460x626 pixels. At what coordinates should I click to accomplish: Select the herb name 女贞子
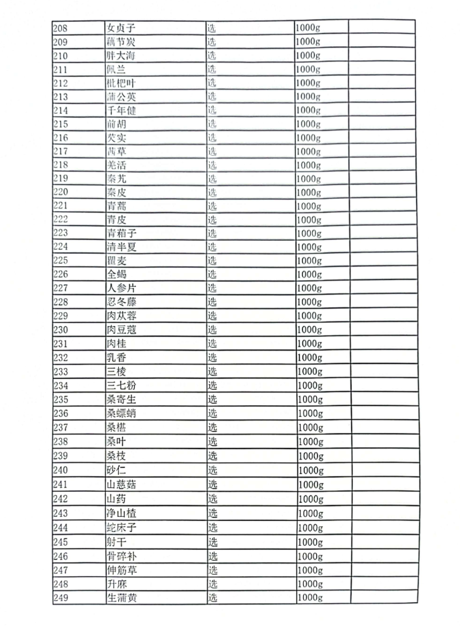121,28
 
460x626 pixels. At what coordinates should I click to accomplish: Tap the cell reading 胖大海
121,55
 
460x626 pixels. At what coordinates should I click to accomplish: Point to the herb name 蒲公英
121,97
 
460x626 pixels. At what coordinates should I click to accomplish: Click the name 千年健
121,110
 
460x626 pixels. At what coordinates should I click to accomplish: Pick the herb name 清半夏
122,247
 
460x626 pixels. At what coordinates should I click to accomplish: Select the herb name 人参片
122,289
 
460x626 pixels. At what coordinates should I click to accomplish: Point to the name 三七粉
122,385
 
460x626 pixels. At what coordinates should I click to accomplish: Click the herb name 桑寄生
122,399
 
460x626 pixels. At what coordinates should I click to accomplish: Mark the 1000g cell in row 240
311,470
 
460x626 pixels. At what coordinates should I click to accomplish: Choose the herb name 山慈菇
122,485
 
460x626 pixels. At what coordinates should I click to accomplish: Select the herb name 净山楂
122,513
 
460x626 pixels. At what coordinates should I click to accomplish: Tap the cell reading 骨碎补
122,556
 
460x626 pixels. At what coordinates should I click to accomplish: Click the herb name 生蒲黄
122,598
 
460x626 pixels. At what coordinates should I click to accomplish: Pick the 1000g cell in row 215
308,124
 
